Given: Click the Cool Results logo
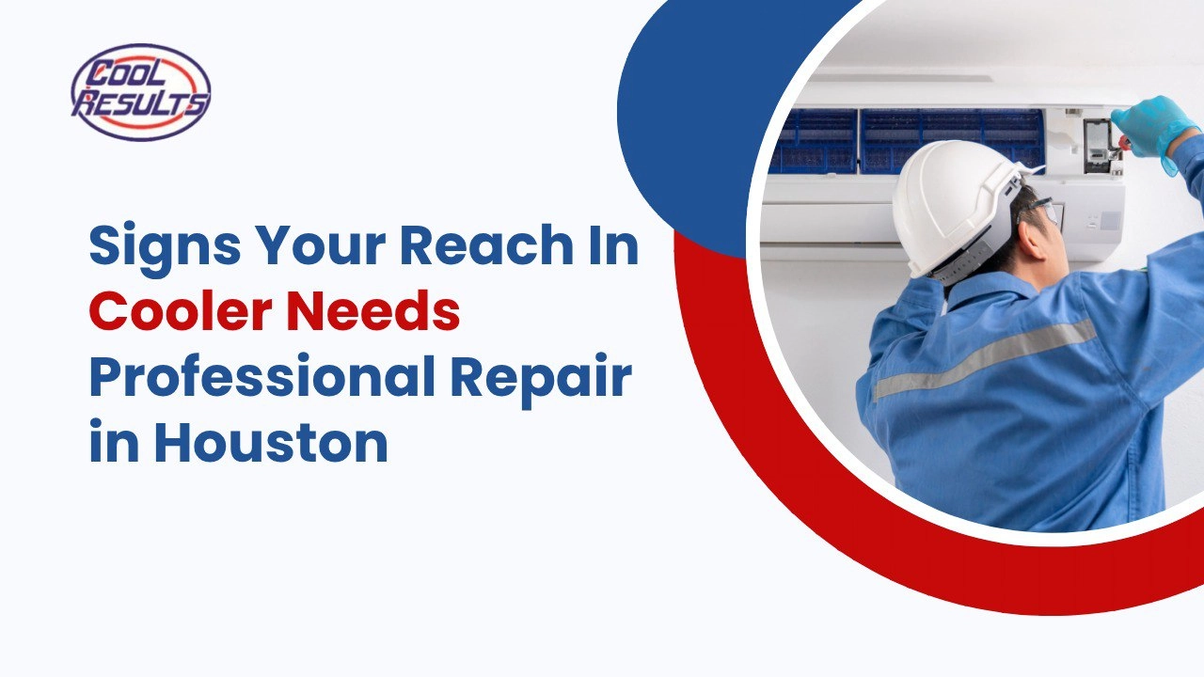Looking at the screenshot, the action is tap(141, 92).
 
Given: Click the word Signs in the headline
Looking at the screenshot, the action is tap(165, 247).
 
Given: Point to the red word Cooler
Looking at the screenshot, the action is tap(180, 311).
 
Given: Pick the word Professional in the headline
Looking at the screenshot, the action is tap(261, 379).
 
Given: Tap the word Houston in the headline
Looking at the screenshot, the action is tap(272, 443).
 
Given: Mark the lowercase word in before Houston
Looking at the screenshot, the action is tap(114, 442).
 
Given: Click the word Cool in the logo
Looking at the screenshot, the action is tap(129, 74).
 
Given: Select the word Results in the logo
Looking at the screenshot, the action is tap(141, 104).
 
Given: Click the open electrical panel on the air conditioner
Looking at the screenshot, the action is tap(1100, 145).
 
